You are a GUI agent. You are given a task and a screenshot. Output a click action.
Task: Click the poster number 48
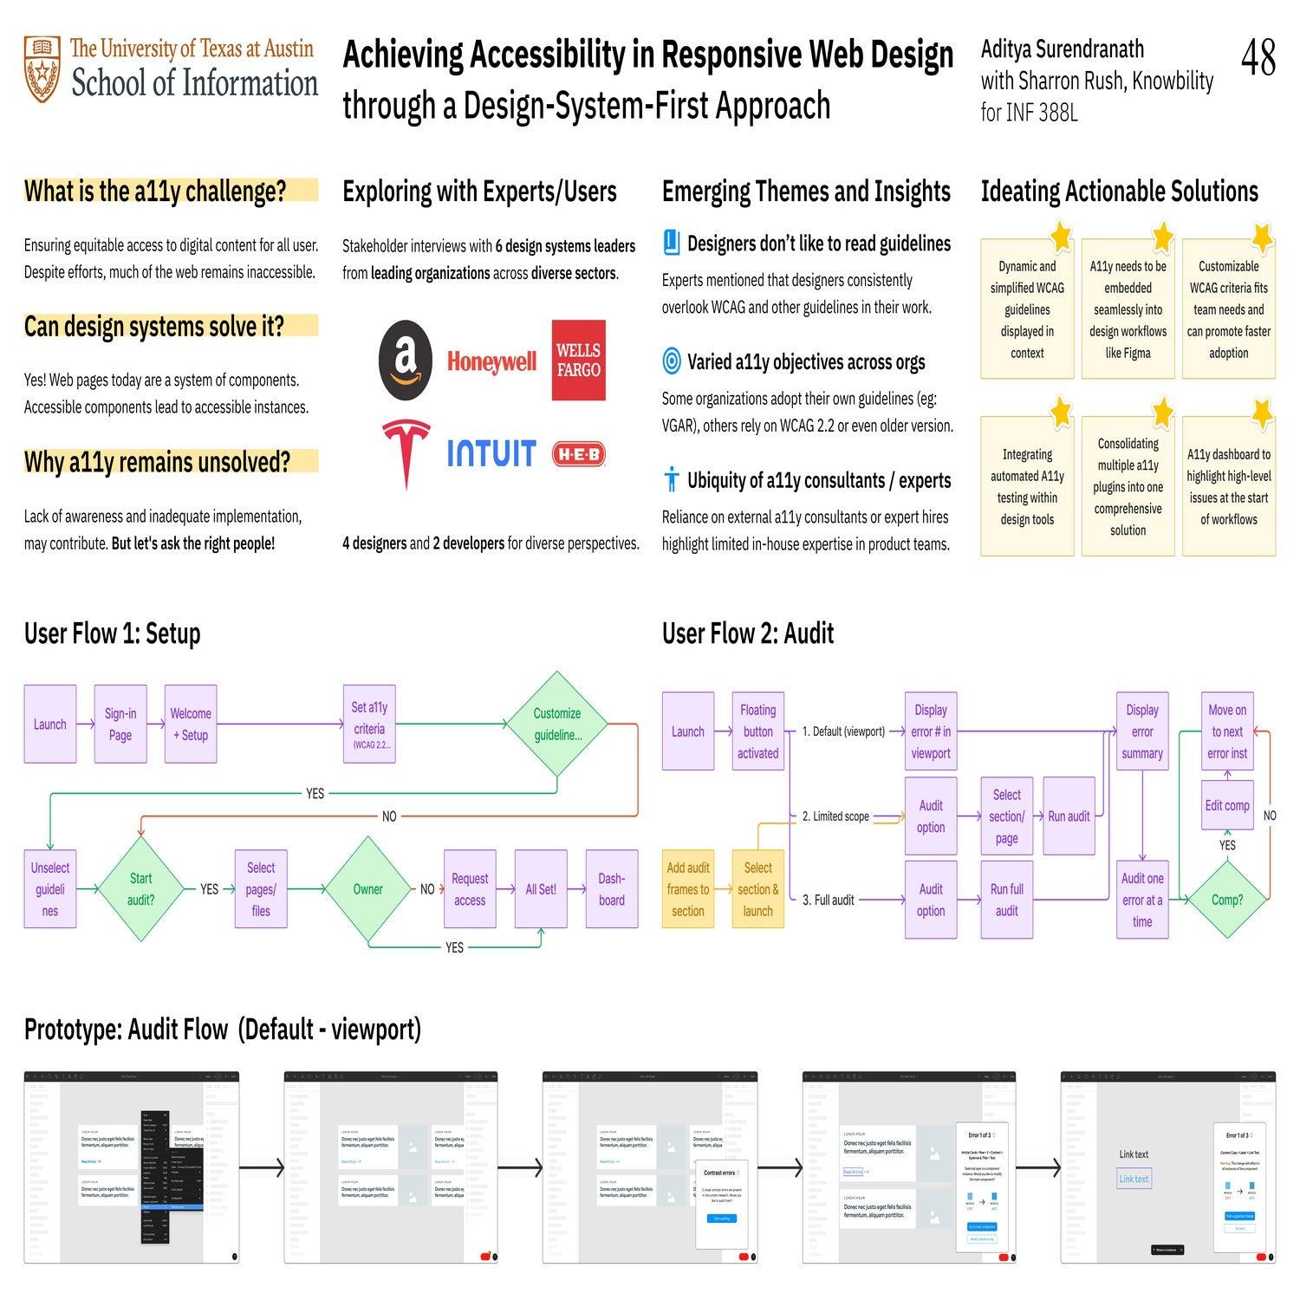pyautogui.click(x=1258, y=59)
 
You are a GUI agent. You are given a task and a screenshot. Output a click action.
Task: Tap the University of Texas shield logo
pyautogui.click(x=42, y=69)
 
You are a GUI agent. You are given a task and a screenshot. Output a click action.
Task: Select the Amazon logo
pyautogui.click(x=406, y=361)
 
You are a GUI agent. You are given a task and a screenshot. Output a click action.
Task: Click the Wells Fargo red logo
pyautogui.click(x=578, y=361)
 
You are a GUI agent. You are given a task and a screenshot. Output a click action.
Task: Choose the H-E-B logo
pyautogui.click(x=579, y=453)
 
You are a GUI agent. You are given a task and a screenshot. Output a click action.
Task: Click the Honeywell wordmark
pyautogui.click(x=491, y=361)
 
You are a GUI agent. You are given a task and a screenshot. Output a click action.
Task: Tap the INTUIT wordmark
pyautogui.click(x=491, y=453)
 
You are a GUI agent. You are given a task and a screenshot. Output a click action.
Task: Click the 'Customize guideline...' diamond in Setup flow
pyautogui.click(x=556, y=724)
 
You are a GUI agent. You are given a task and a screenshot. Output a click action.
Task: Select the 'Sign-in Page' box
pyautogui.click(x=120, y=725)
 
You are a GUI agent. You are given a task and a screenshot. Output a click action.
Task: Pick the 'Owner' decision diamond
pyautogui.click(x=367, y=889)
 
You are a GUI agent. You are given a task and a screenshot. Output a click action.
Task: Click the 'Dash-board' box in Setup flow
pyautogui.click(x=611, y=889)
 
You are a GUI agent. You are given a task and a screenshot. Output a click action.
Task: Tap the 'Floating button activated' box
pyautogui.click(x=757, y=731)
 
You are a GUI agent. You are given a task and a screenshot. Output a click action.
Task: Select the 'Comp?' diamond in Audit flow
pyautogui.click(x=1226, y=900)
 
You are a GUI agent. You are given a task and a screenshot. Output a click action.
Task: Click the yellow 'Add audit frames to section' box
pyautogui.click(x=688, y=889)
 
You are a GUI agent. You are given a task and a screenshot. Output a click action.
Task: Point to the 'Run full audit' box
pyautogui.click(x=1006, y=900)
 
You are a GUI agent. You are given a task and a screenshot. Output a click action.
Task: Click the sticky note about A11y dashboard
pyautogui.click(x=1228, y=487)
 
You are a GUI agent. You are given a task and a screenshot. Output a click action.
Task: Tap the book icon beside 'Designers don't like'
pyautogui.click(x=672, y=244)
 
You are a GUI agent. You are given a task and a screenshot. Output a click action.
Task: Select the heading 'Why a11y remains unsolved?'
pyautogui.click(x=158, y=462)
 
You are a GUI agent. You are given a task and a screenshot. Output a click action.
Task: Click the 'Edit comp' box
pyautogui.click(x=1226, y=805)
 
